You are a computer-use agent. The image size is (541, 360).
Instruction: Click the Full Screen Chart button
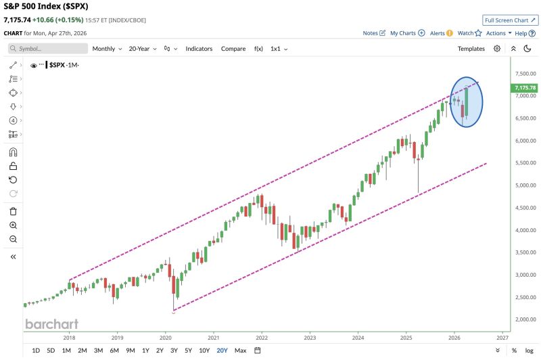[x=511, y=20]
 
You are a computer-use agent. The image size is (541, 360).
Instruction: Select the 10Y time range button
[x=204, y=351]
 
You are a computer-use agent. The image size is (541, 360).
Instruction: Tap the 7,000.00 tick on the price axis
[x=525, y=96]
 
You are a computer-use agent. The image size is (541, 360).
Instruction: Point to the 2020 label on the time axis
[x=166, y=336]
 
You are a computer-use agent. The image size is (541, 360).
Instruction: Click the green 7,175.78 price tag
[x=525, y=88]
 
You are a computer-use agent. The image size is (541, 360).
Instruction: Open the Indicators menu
[x=199, y=49]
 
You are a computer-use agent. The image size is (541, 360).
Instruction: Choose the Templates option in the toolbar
[x=471, y=49]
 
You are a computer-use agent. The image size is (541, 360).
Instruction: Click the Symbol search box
[x=48, y=49]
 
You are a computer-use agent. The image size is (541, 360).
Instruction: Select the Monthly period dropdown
[x=106, y=49]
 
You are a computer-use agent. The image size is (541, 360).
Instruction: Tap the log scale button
[x=529, y=351]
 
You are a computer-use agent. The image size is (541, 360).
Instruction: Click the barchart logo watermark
[x=51, y=323]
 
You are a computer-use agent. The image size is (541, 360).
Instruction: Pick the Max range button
[x=240, y=351]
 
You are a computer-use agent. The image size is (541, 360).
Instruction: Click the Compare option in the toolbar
[x=233, y=49]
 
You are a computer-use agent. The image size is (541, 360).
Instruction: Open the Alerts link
[x=442, y=32]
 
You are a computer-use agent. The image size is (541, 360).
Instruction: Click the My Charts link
[x=407, y=32]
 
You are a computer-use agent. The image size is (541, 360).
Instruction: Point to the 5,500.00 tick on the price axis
[x=525, y=163]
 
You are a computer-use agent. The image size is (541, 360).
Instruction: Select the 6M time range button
[x=114, y=351]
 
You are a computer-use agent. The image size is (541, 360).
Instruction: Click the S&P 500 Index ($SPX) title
[x=46, y=7]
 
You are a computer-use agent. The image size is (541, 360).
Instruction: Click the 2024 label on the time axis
[x=358, y=336]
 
